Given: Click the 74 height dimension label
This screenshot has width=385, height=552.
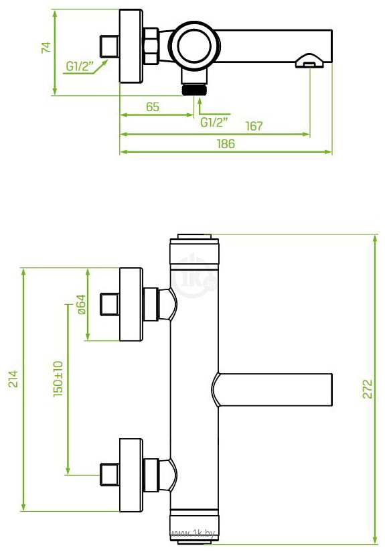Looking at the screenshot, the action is coord(46,48).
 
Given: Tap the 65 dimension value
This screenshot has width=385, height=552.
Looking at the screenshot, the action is coord(153,107).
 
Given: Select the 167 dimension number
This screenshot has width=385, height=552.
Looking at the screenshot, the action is coord(254,126).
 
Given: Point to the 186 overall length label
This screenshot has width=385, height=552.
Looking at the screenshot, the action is coord(226,143).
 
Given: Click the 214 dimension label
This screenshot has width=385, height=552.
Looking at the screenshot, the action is coord(13,378).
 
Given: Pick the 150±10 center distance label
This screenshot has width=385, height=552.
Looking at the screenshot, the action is coord(58,378).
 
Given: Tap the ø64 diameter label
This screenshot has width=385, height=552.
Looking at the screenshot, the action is coord(80,304).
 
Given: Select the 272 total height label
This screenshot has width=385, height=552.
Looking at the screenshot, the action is coord(367,389).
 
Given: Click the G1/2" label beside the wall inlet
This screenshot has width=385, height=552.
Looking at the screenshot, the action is coord(80,66).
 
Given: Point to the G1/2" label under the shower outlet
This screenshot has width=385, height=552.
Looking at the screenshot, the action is coord(214,123).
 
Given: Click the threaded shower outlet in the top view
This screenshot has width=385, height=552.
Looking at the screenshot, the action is coord(194,89).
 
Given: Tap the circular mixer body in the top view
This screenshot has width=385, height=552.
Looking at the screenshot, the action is coord(194,46).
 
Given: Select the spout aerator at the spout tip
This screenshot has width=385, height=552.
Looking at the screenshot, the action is coord(309,60).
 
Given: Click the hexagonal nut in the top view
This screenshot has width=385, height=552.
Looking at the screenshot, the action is coord(151,46).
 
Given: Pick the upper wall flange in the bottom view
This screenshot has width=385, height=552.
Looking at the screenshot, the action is coord(131,304).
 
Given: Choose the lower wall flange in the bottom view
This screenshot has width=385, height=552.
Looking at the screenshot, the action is coord(131,475).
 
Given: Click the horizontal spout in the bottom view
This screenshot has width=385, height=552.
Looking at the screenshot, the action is coord(272,390).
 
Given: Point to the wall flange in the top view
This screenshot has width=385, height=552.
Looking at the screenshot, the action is coord(131,46).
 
